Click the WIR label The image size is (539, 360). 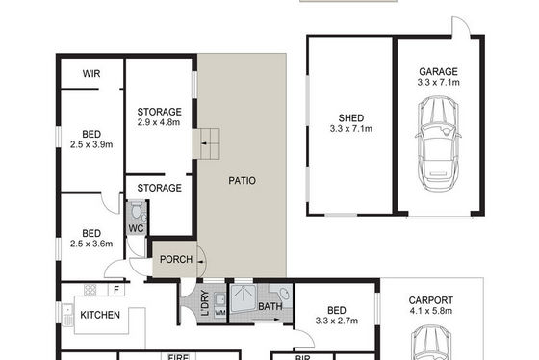(x=91, y=73)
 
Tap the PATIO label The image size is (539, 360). (x=242, y=181)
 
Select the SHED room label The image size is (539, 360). (x=351, y=118)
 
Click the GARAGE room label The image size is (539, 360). (x=438, y=71)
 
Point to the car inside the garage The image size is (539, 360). (x=438, y=143)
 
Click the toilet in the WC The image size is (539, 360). (x=137, y=211)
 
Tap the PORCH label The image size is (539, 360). (x=176, y=259)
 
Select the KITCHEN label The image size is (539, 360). (x=100, y=315)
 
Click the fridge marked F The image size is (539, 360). (x=116, y=290)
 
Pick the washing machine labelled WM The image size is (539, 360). (x=220, y=313)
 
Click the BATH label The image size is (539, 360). (x=270, y=306)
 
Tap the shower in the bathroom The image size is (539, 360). (x=243, y=298)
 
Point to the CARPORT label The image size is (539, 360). (x=431, y=300)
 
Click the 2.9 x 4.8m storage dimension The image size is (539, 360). (x=159, y=122)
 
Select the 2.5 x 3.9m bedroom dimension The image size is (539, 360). (x=91, y=144)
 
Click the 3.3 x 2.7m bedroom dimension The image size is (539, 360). (x=337, y=321)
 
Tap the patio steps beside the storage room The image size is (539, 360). (x=206, y=143)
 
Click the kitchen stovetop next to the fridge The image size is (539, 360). (x=90, y=290)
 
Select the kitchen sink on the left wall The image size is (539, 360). (x=67, y=314)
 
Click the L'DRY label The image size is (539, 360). (x=205, y=303)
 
